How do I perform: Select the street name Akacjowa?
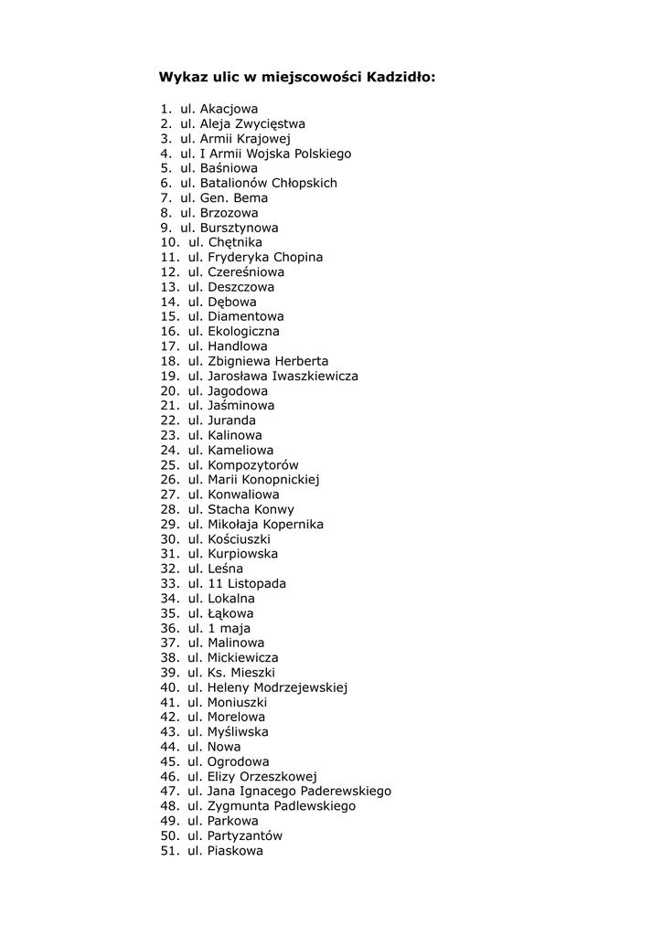click(229, 109)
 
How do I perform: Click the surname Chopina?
click(292, 257)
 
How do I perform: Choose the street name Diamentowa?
click(246, 316)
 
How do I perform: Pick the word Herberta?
click(300, 361)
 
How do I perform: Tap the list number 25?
click(169, 464)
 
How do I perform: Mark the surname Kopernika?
click(293, 524)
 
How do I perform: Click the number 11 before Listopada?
click(216, 583)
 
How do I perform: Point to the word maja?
click(235, 628)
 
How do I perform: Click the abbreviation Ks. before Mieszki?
click(218, 672)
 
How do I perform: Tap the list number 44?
click(169, 746)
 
